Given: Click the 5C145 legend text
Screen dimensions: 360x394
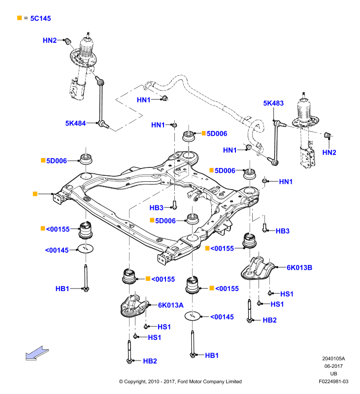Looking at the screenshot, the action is [40, 18].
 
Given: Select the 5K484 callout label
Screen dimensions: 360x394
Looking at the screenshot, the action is [75, 124].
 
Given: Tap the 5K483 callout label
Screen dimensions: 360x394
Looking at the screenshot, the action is [273, 103].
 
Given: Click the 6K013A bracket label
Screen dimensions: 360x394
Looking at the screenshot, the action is [170, 305].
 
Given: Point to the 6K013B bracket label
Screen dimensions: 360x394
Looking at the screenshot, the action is [299, 267].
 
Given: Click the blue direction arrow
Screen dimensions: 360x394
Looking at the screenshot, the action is [37, 353].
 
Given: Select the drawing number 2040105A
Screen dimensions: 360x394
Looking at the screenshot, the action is [333, 359].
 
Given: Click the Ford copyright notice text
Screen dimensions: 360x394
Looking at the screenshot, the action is [180, 381].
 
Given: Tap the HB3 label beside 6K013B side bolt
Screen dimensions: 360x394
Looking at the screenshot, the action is [282, 231].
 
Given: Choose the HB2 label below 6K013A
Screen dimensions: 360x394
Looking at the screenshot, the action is [150, 361].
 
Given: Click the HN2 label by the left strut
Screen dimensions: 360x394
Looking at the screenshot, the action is [49, 40].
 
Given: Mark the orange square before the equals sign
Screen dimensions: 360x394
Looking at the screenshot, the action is [19, 18].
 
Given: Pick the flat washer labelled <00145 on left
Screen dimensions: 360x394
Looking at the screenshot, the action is [85, 249].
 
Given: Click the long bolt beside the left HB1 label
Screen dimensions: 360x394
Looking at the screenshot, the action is [86, 278].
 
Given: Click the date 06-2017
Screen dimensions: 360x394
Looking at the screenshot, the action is [333, 366].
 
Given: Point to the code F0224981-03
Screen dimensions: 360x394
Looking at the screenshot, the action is [333, 381].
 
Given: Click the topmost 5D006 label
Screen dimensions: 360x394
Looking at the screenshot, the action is [217, 133].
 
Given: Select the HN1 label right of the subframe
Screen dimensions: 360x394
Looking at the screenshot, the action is [286, 182].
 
